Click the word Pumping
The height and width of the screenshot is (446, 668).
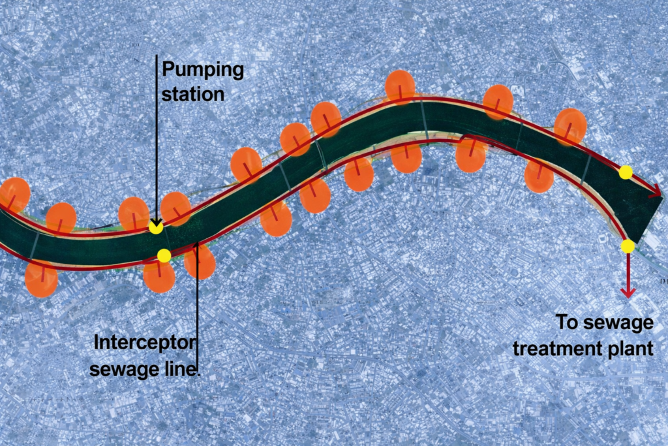click(x=202, y=70)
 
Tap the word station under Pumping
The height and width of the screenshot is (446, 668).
click(x=192, y=93)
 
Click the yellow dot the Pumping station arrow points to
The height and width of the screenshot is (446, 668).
click(x=155, y=227)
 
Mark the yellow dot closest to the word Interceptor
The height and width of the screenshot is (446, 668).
click(x=164, y=255)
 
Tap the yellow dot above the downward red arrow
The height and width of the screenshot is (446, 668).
click(x=628, y=246)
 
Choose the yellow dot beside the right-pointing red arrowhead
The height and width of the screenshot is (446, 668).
click(x=626, y=172)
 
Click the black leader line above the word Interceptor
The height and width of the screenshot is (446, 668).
click(x=198, y=294)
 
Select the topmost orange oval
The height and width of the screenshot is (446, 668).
click(x=400, y=87)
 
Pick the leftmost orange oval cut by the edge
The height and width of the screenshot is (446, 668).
click(x=13, y=195)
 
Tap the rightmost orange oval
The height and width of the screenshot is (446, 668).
click(x=571, y=127)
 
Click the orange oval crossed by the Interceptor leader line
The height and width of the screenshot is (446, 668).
click(x=200, y=261)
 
